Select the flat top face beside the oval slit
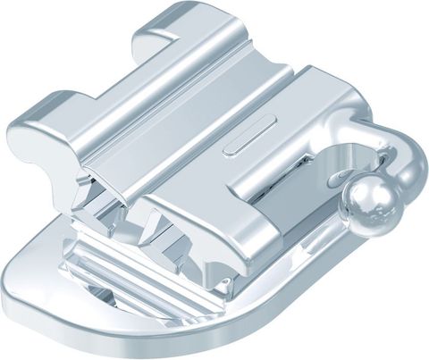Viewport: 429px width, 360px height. (x=286, y=134)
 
